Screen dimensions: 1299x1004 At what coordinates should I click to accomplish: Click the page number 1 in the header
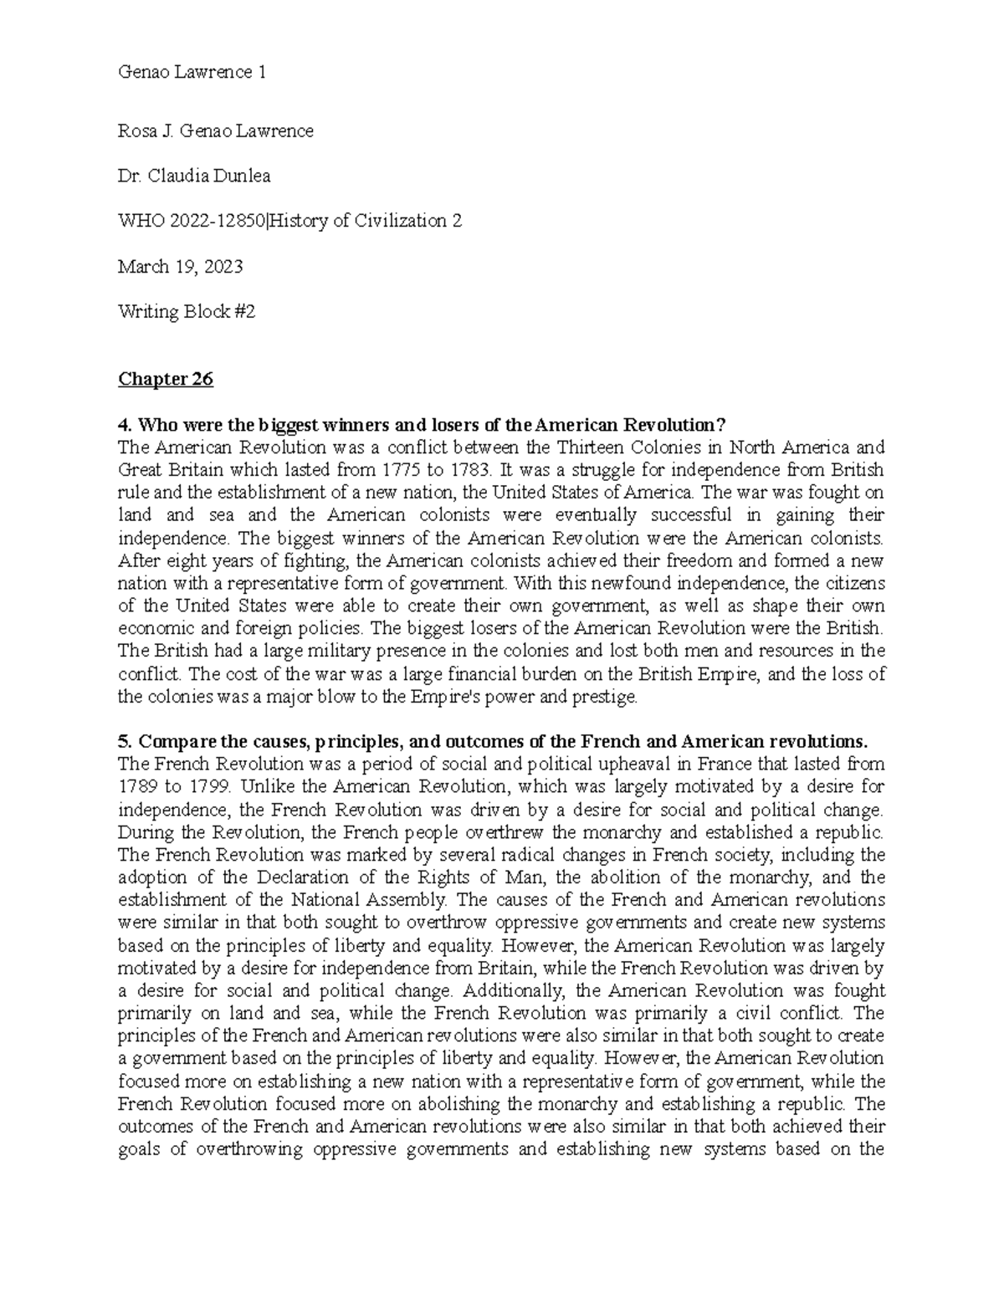[262, 72]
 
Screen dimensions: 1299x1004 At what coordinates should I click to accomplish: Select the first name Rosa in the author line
[137, 130]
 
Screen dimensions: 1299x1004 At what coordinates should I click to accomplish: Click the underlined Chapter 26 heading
[166, 380]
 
